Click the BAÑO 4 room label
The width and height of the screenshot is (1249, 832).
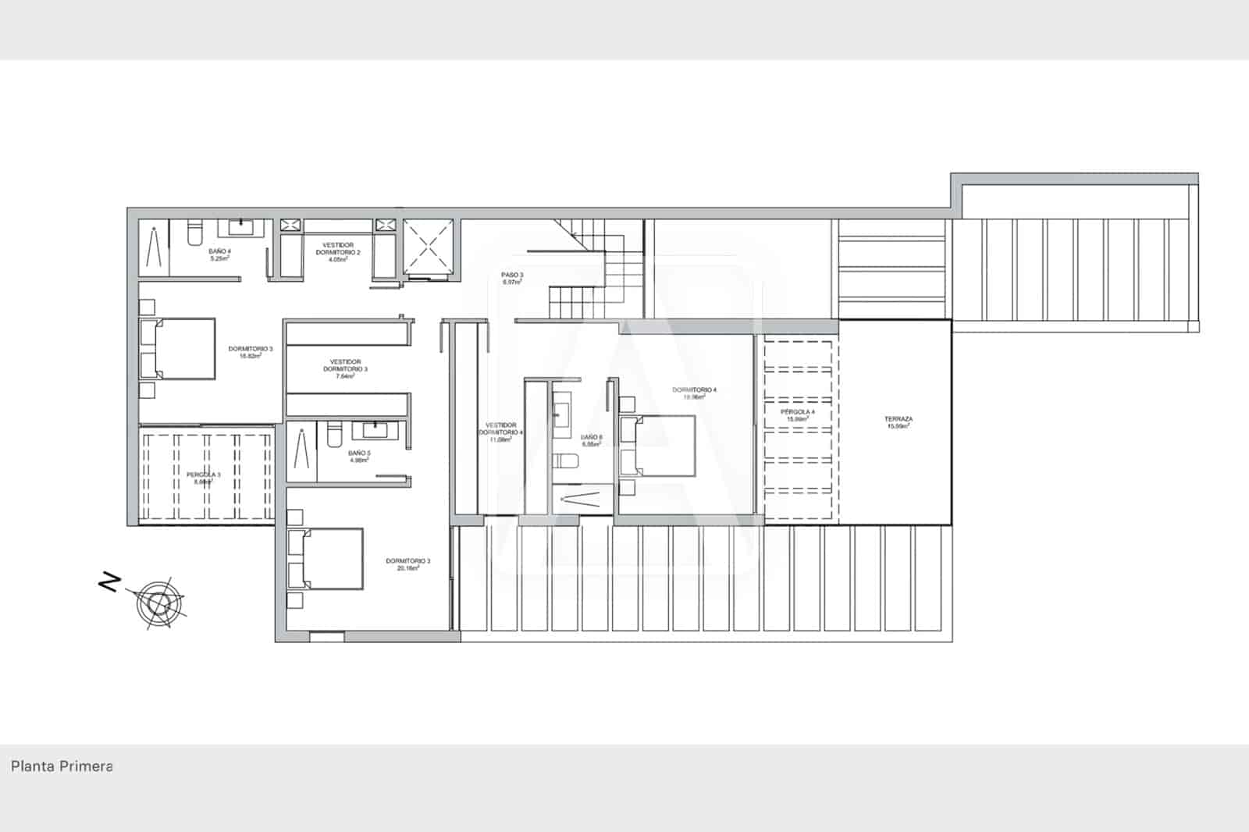(x=219, y=254)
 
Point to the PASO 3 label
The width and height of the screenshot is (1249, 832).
(x=512, y=278)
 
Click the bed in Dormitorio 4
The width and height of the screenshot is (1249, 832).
(x=657, y=446)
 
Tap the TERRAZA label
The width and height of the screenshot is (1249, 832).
(x=898, y=422)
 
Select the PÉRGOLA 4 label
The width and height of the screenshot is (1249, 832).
(x=797, y=414)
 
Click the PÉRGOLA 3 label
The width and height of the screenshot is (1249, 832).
(x=203, y=478)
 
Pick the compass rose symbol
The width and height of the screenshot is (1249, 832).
(x=159, y=603)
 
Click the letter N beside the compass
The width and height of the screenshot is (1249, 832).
(x=110, y=581)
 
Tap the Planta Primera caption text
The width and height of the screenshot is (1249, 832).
(x=62, y=766)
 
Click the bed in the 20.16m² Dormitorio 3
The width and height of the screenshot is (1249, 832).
(x=326, y=559)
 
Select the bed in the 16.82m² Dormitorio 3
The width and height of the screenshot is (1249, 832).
(x=179, y=348)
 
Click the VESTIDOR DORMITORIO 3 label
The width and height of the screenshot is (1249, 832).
(x=345, y=368)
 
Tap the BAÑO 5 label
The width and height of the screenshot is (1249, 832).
(x=359, y=456)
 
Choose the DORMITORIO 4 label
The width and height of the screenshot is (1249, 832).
(x=694, y=393)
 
